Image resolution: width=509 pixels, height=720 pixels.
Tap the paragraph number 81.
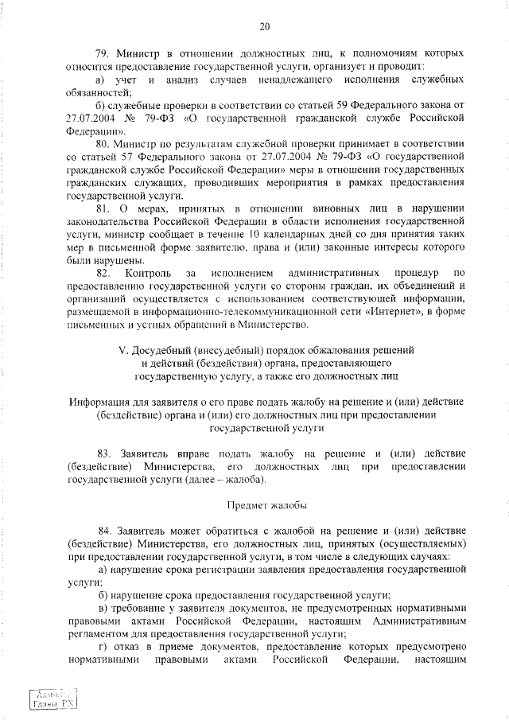click(x=103, y=208)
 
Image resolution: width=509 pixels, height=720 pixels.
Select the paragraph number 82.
click(x=103, y=272)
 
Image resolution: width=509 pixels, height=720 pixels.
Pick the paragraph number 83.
click(x=103, y=453)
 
